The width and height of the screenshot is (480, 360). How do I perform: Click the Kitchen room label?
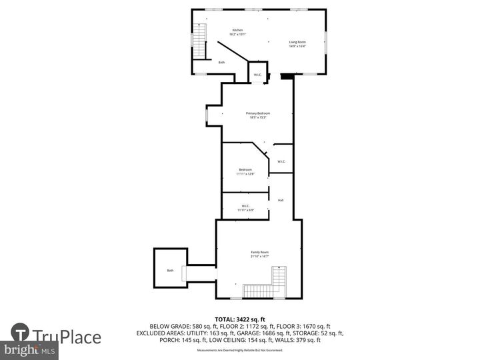238,31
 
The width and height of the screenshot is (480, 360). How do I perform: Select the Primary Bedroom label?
257,113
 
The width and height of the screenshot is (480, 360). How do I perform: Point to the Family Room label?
259,252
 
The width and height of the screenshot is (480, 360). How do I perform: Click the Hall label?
281,201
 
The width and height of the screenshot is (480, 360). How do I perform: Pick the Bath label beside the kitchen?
221,63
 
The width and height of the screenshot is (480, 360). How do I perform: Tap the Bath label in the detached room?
170,271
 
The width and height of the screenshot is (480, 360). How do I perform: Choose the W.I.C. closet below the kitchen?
257,75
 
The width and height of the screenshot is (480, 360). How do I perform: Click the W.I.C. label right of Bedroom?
281,161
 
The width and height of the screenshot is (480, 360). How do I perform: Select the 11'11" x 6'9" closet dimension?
245,210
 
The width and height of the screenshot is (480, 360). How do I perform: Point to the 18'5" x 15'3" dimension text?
257,118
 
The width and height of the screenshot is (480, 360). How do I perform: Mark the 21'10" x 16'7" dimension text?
259,257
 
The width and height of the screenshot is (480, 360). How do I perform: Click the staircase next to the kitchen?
199,40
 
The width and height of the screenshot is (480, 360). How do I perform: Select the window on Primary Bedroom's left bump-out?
206,116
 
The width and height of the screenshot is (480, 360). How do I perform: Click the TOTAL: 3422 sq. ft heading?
239,320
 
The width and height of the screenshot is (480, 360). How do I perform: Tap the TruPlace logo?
57,337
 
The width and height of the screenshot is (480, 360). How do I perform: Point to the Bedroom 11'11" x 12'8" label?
245,172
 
